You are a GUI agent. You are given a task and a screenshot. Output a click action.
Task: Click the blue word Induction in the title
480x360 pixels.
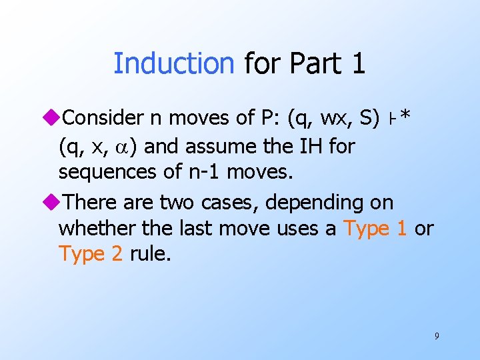174,63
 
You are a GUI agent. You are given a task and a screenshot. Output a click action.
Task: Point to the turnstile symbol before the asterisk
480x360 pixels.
391,119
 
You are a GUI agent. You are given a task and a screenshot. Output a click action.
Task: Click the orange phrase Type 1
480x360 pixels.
375,228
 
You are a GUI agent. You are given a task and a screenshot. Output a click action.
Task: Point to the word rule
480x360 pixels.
151,254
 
